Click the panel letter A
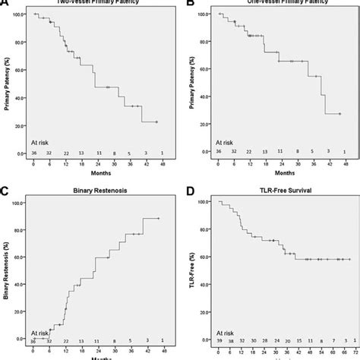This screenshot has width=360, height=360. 5,5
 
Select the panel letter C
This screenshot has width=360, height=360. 5,187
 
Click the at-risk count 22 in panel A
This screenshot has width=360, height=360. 66,153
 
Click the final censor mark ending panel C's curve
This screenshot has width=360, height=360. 158,219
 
